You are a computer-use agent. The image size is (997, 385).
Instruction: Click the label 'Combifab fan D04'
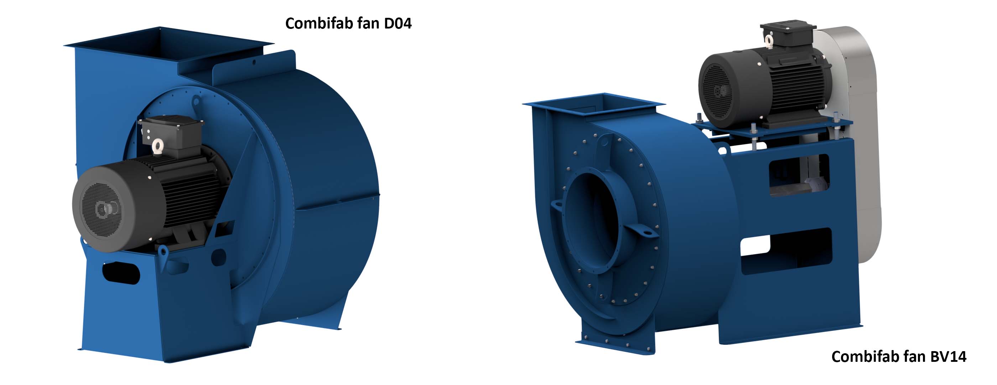pyautogui.click(x=348, y=24)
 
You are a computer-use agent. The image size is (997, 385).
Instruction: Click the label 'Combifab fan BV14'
pyautogui.click(x=898, y=357)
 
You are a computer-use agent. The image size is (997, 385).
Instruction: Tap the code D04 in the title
pyautogui.click(x=397, y=24)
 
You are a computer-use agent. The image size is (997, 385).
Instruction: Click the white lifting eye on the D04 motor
pyautogui.click(x=158, y=146)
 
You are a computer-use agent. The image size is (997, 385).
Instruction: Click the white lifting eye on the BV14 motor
pyautogui.click(x=769, y=40)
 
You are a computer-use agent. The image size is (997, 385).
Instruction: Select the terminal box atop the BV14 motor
pyautogui.click(x=788, y=30)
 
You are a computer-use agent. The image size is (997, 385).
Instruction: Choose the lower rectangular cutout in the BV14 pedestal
pyautogui.click(x=786, y=252)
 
